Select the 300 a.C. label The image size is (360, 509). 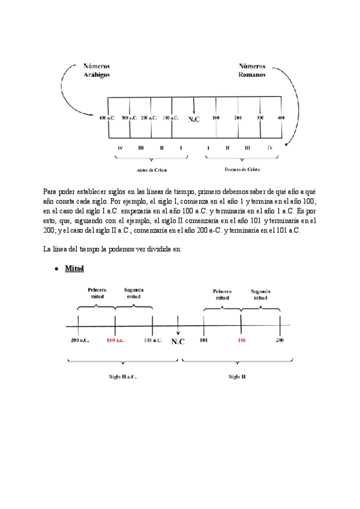pos(129,118)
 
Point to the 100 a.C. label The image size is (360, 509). pos(170,118)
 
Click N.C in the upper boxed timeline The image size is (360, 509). pos(194,119)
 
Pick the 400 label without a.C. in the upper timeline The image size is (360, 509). pos(281,118)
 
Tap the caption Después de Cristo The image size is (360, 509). pos(242,170)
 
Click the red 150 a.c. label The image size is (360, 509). pos(115,340)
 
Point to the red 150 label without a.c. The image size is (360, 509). pos(241,340)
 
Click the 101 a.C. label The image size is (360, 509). pos(153,340)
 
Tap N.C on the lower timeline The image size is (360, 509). pos(178,342)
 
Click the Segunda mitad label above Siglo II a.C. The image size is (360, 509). pos(133,293)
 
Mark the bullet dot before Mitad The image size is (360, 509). pos(56,268)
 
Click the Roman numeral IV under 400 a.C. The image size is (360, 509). pos(121,148)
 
